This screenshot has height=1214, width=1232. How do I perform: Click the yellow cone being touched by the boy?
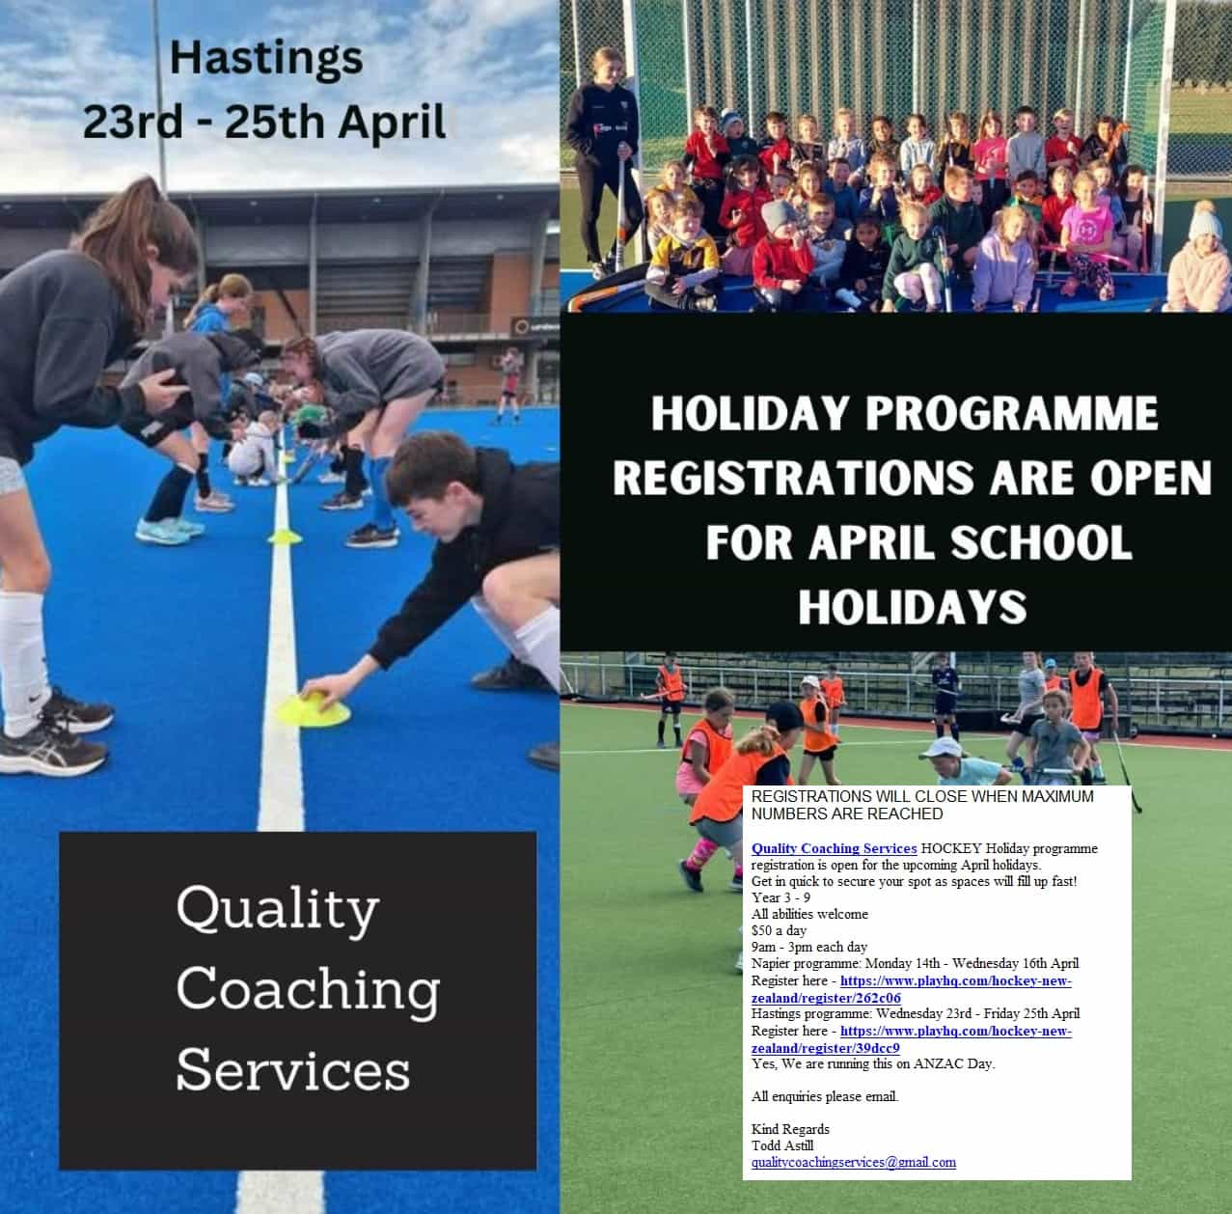click(314, 708)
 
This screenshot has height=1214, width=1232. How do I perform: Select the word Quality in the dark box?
click(278, 911)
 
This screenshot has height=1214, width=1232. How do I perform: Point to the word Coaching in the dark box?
click(308, 990)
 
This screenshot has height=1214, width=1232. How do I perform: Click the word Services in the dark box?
click(293, 1070)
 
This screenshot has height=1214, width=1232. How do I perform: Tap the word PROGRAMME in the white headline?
click(1011, 413)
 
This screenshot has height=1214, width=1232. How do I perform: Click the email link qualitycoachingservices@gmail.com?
click(854, 1162)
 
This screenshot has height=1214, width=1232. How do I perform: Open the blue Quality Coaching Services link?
click(834, 849)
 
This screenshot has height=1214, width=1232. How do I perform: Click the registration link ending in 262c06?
click(911, 989)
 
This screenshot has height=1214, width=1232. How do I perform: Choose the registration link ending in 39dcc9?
click(911, 1039)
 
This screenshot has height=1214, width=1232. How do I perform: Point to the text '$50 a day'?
click(779, 930)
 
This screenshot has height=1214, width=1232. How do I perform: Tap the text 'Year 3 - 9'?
click(780, 898)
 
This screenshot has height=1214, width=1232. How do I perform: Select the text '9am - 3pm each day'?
click(808, 948)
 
